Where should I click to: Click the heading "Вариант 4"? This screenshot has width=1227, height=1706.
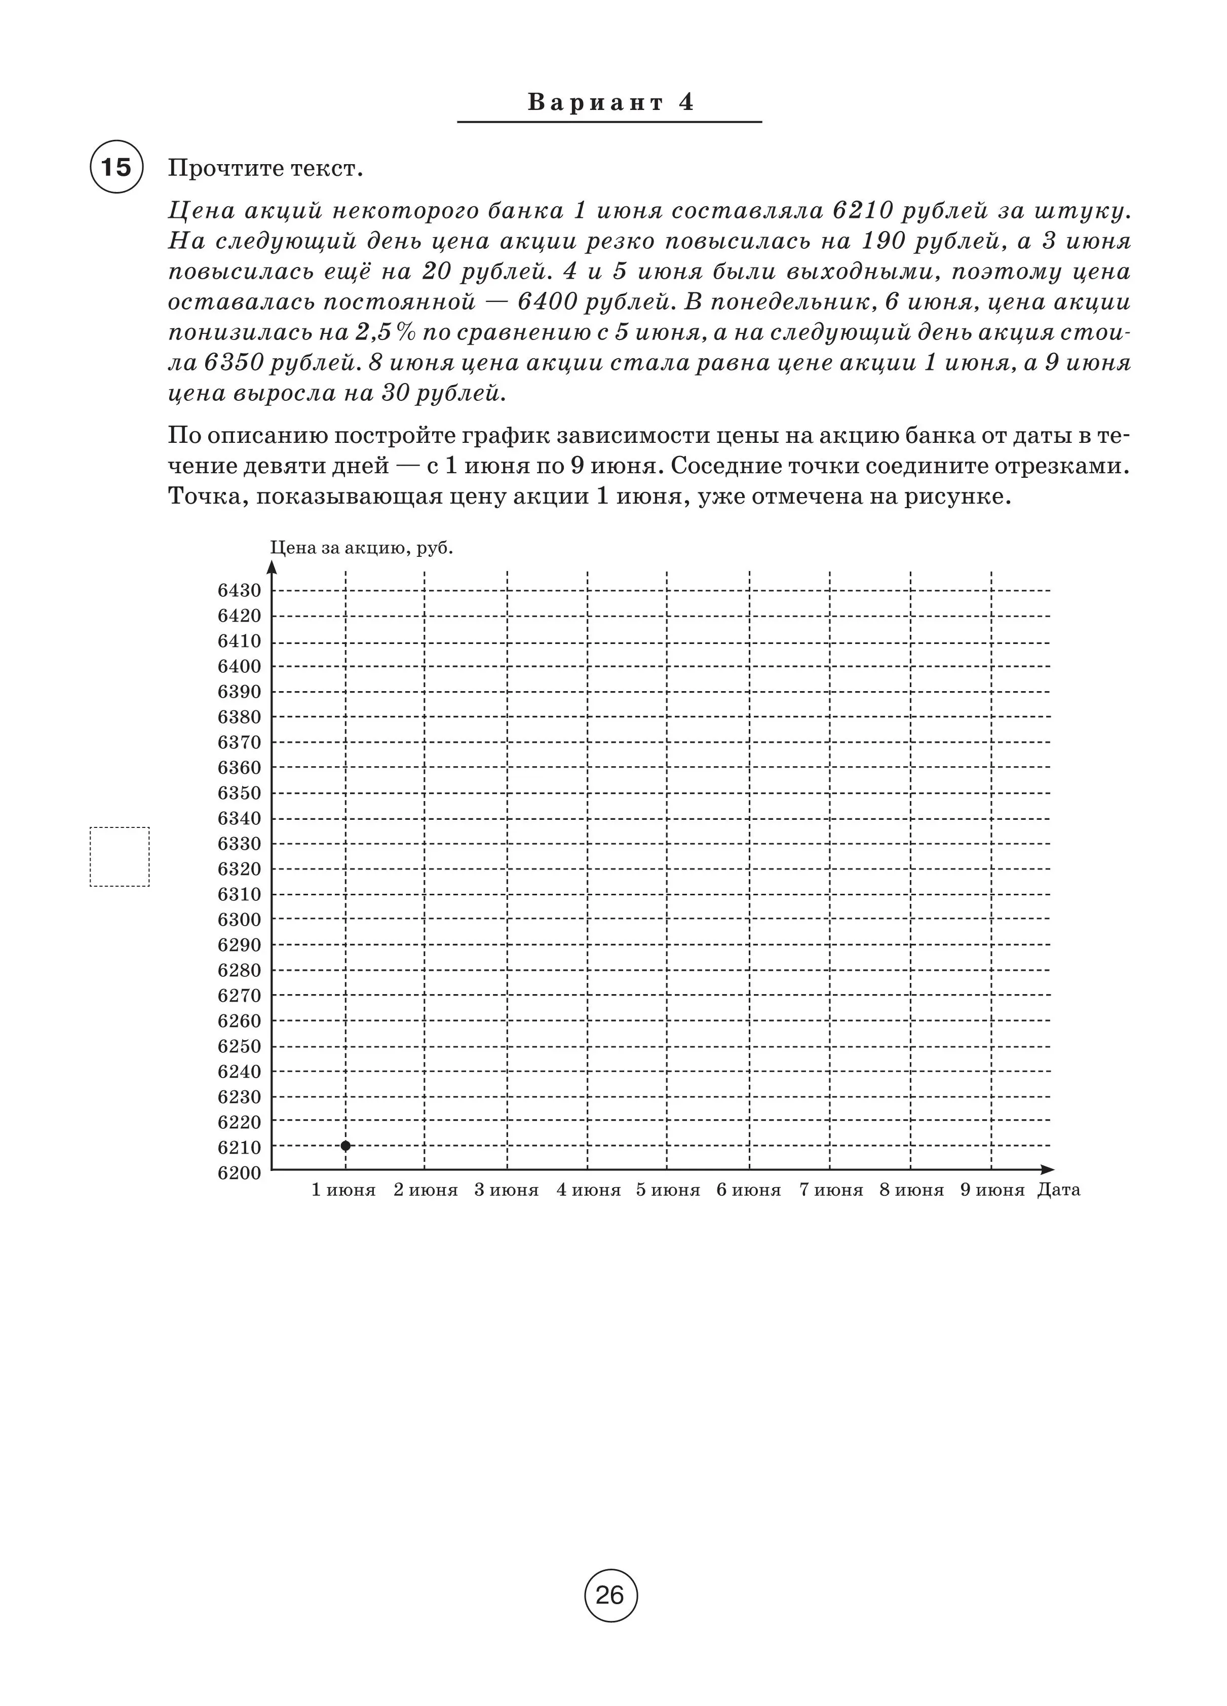610,102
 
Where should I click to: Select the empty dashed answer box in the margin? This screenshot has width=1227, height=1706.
120,857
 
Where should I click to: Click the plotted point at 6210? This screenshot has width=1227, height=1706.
346,1146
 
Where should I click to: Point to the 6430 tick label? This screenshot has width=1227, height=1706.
239,590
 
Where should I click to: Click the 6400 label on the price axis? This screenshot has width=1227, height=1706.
239,666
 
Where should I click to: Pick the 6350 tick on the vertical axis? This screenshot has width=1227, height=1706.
239,793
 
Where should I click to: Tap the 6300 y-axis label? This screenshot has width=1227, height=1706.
239,919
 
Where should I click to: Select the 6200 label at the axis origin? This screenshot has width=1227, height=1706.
239,1172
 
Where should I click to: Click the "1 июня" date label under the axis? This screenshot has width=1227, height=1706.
344,1190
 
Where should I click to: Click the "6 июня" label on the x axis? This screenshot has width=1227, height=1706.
749,1190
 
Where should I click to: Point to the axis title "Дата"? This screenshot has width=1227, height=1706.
1058,1190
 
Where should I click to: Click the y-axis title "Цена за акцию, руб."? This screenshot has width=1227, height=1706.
361,548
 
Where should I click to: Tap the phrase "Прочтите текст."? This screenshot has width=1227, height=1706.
265,169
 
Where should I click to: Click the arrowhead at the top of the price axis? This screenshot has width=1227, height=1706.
273,567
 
